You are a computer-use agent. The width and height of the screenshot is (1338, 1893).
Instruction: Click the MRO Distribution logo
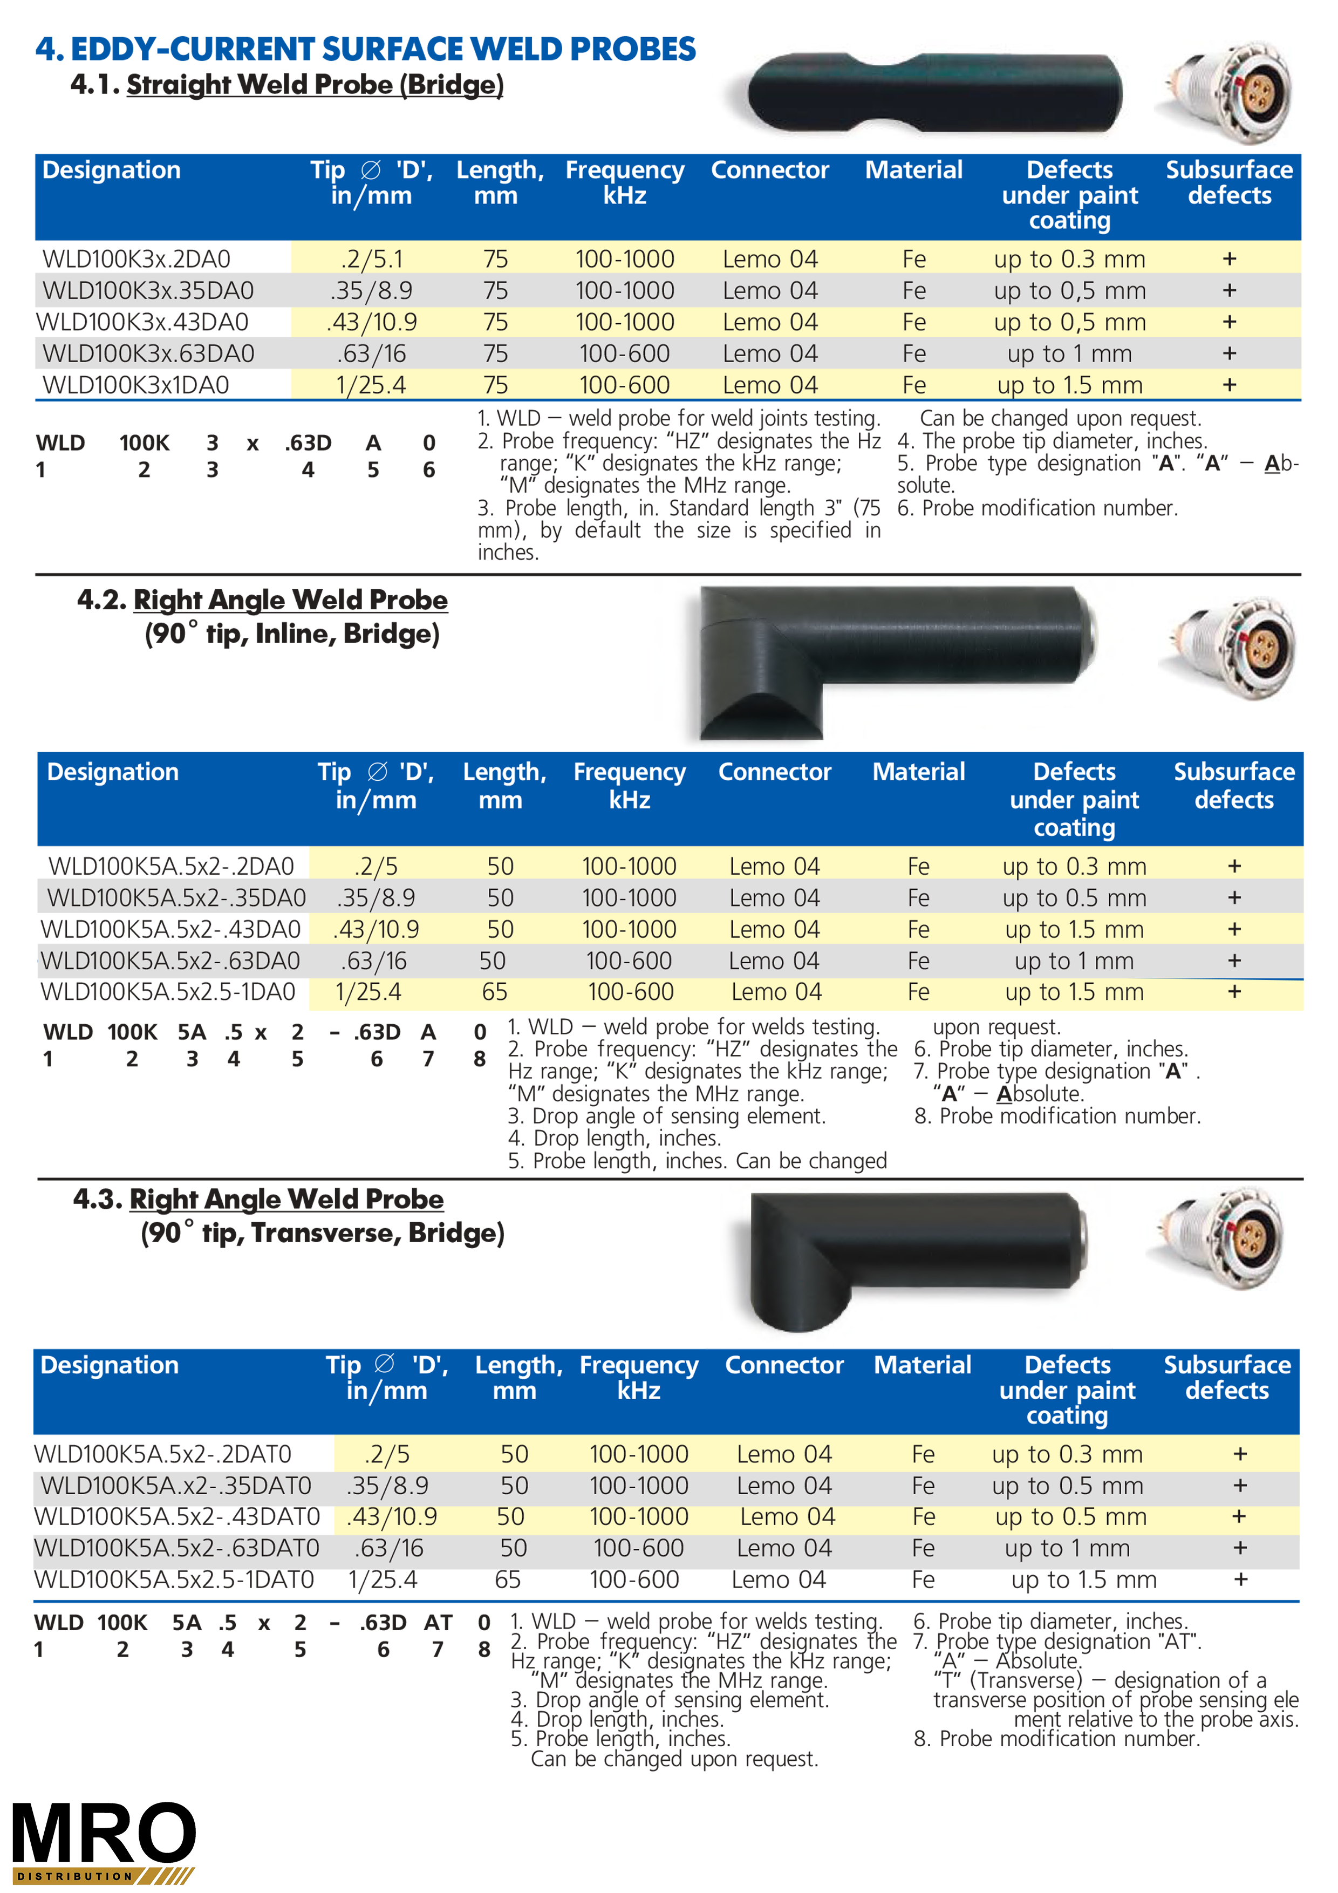[104, 1841]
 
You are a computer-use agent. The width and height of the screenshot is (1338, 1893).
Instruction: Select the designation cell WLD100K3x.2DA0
[136, 259]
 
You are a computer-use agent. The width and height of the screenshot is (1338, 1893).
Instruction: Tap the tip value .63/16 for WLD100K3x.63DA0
[371, 353]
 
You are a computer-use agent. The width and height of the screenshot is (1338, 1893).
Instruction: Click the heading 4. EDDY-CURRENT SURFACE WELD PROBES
[365, 50]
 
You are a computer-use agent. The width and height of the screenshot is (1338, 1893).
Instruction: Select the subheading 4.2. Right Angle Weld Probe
[262, 600]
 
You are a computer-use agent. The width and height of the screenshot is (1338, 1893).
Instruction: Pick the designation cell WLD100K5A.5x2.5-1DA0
[168, 992]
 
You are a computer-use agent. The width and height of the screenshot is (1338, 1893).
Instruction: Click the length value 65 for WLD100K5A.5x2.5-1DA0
[495, 992]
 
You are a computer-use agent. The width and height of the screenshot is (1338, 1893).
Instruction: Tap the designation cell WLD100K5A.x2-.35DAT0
[175, 1486]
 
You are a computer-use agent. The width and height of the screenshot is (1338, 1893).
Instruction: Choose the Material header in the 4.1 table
[913, 170]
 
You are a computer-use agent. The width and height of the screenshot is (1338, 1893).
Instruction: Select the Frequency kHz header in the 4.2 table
[629, 786]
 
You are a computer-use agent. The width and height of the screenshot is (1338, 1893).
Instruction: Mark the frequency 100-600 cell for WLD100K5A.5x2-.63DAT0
[638, 1548]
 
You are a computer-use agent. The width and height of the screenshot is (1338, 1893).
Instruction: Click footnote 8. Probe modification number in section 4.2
[1057, 1116]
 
